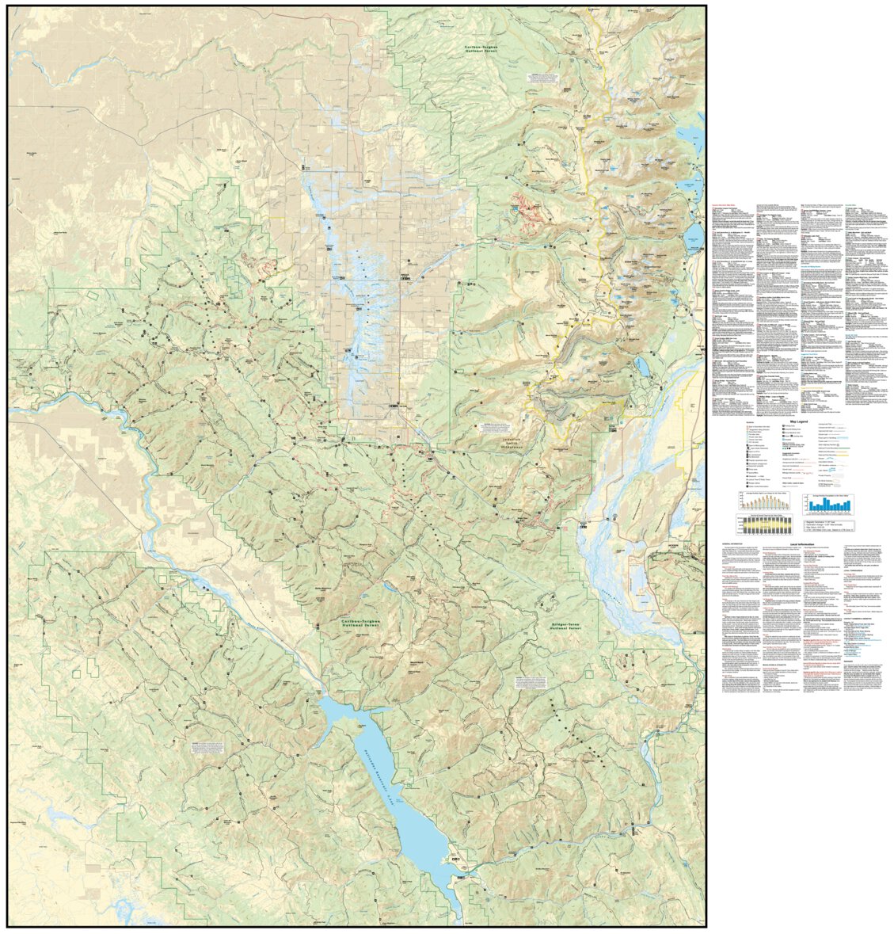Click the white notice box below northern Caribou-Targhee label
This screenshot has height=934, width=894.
pyautogui.click(x=547, y=80)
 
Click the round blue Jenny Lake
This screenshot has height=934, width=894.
pyautogui.click(x=694, y=234)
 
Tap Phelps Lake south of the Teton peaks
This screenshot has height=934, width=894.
pyautogui.click(x=642, y=367)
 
